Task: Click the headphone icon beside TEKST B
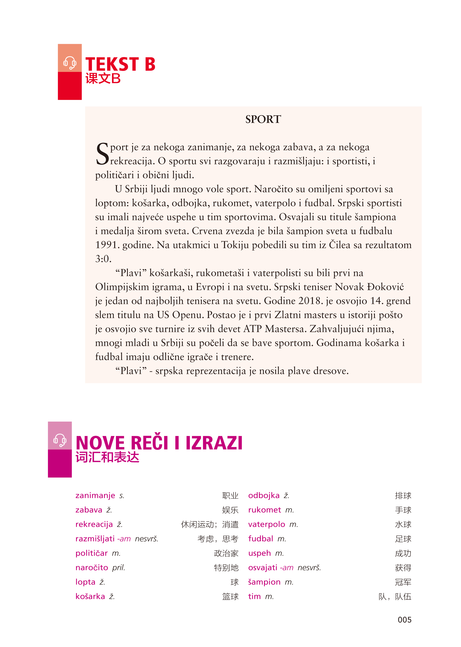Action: point(70,63)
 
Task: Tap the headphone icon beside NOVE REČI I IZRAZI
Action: point(60,440)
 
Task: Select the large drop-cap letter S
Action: point(102,154)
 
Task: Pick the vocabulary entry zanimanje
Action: point(95,496)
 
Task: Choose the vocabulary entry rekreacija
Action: point(94,524)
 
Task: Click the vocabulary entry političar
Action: point(91,553)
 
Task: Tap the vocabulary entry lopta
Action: point(85,582)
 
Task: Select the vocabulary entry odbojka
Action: point(264,496)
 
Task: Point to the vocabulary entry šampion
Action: point(264,582)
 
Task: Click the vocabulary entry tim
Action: point(254,596)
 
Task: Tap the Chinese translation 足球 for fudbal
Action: point(403,539)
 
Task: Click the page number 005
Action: point(404,620)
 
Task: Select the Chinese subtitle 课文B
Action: point(103,79)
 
